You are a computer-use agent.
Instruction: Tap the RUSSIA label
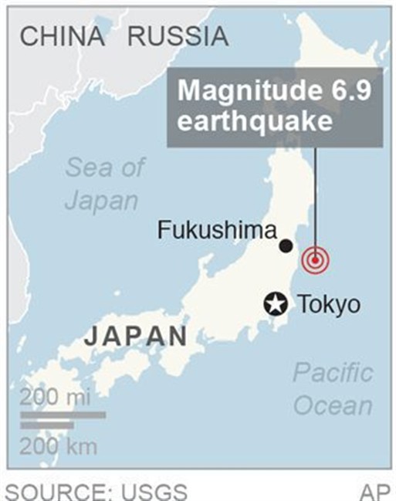pyautogui.click(x=178, y=36)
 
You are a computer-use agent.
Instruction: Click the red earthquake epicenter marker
pyautogui.click(x=315, y=260)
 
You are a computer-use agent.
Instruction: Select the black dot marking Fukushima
pyautogui.click(x=286, y=245)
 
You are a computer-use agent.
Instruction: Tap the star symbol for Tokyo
pyautogui.click(x=275, y=304)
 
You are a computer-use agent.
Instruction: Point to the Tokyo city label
pyautogui.click(x=329, y=304)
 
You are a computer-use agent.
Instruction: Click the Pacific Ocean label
pyautogui.click(x=333, y=389)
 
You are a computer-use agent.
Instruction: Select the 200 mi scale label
pyautogui.click(x=55, y=398)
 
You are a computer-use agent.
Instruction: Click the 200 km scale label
pyautogui.click(x=59, y=445)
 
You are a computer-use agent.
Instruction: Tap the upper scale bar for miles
pyautogui.click(x=63, y=415)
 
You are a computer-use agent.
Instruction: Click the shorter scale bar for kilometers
pyautogui.click(x=46, y=425)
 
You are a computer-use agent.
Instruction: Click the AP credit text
pyautogui.click(x=375, y=491)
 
